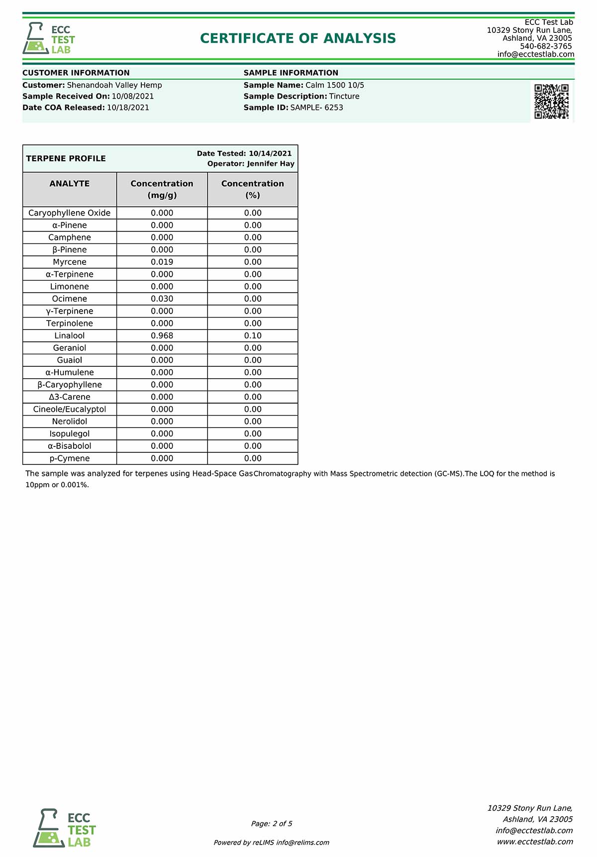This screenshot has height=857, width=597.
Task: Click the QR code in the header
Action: click(551, 102)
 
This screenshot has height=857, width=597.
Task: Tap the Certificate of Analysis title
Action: click(298, 38)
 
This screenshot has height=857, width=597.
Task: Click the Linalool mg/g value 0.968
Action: click(162, 335)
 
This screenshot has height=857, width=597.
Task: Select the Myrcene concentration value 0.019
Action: click(162, 262)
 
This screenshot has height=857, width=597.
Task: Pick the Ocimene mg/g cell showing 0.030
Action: click(162, 299)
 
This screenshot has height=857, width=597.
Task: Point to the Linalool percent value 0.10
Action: click(253, 335)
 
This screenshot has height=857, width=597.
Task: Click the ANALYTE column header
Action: click(70, 184)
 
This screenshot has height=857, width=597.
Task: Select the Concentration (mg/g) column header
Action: click(162, 189)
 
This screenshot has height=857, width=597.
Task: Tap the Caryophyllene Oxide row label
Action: click(70, 213)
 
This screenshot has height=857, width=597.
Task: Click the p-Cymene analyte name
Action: click(70, 458)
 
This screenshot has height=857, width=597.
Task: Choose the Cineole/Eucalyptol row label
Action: click(70, 409)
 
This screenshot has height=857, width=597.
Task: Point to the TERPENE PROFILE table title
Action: click(66, 158)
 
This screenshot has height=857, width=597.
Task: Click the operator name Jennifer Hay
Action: click(271, 164)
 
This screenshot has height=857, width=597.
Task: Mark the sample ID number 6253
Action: click(334, 107)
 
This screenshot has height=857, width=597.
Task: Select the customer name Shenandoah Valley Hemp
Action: click(114, 85)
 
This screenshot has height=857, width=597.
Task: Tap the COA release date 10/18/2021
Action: click(128, 107)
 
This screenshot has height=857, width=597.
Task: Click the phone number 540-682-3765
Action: click(546, 46)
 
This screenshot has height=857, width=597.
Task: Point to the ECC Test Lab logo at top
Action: click(49, 38)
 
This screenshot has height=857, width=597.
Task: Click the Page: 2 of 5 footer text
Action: click(272, 824)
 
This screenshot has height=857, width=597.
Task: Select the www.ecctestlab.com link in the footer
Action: click(535, 842)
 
